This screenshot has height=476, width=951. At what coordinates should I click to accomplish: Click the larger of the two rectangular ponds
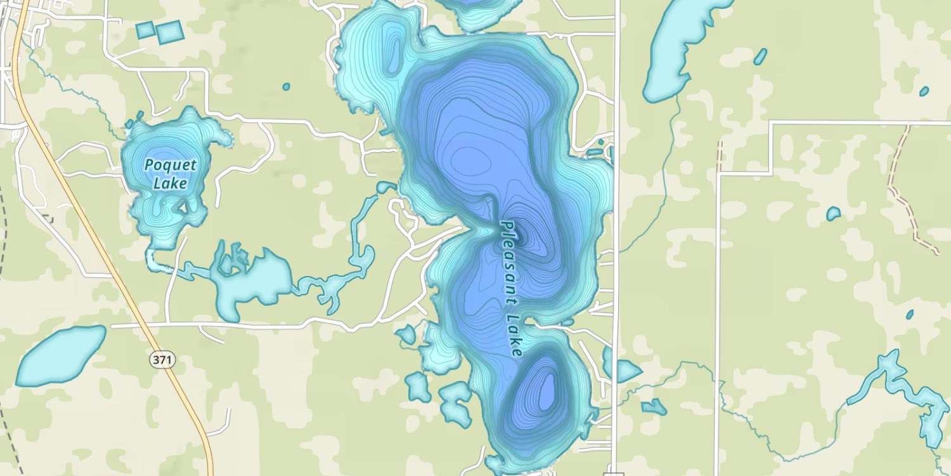(169, 32)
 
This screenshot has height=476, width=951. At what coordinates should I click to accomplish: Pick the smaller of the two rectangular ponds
(145, 29)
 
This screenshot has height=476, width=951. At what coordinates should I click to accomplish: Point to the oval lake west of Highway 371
(61, 355)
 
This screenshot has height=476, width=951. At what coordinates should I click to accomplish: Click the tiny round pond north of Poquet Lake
(286, 86)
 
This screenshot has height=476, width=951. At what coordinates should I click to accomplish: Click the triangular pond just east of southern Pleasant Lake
(624, 370)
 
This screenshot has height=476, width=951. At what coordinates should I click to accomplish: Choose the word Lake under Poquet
(170, 184)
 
